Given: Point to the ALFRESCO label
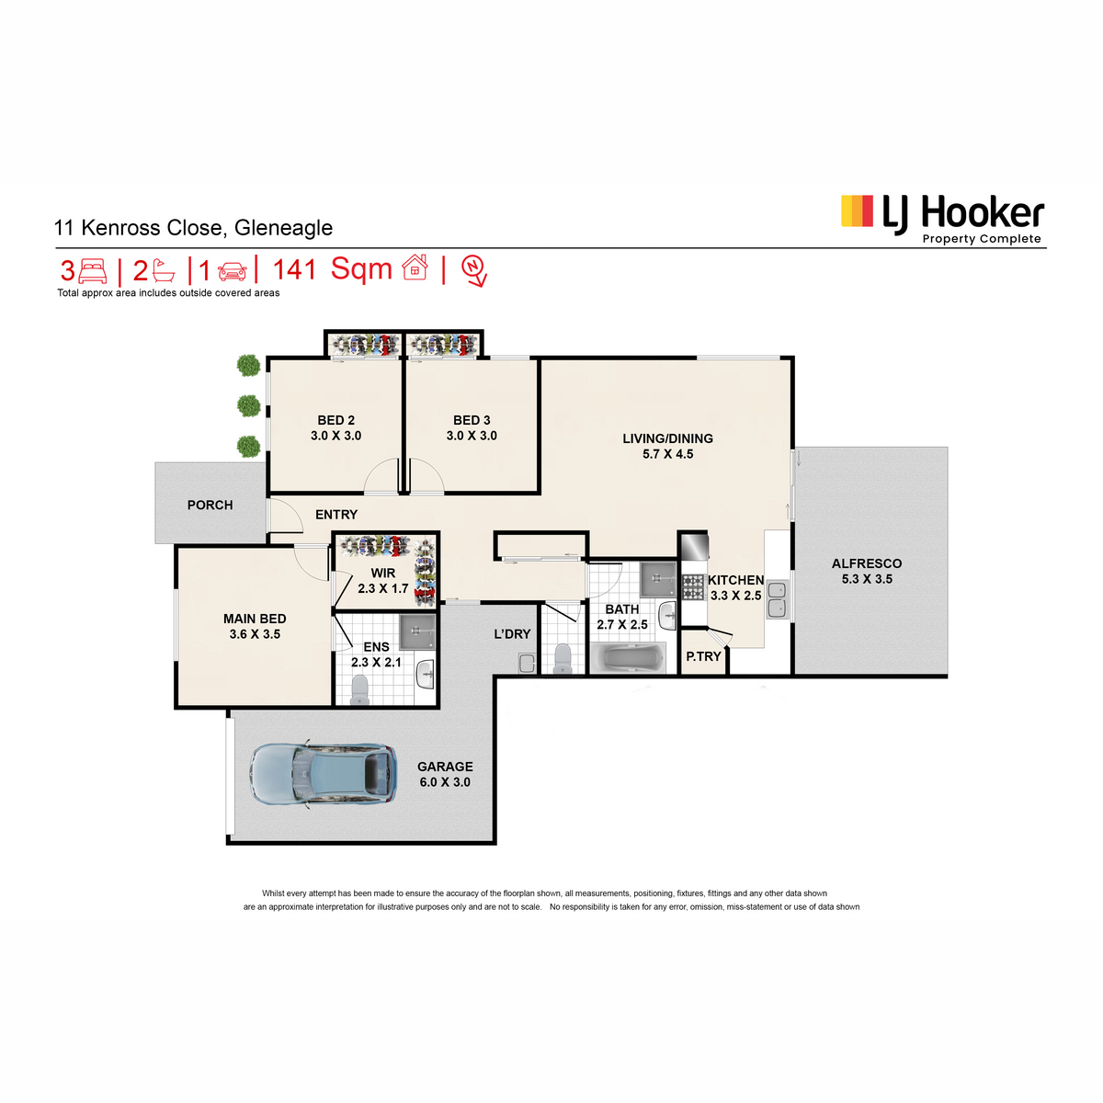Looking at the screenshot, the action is (x=867, y=563).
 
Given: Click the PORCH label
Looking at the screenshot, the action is (x=210, y=505).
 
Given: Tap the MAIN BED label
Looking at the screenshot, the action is (x=255, y=619).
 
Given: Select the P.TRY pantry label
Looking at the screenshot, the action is (x=703, y=656).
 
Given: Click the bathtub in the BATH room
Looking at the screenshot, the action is (x=628, y=659).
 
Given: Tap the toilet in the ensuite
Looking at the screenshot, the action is (x=359, y=689).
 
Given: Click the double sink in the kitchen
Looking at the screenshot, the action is (x=778, y=599).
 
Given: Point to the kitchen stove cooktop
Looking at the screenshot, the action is (x=693, y=587).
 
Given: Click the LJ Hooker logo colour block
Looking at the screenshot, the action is (x=857, y=211).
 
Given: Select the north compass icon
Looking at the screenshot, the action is (x=474, y=270).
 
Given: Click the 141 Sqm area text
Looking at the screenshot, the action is (x=332, y=269).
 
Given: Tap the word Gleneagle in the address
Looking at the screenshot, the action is (x=283, y=228).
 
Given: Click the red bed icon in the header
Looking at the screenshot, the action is (x=93, y=271).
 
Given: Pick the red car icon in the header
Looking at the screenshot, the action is (x=233, y=271).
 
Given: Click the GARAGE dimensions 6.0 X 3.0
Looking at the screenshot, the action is (x=445, y=782).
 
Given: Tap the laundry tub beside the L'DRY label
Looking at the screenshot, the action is (x=526, y=663).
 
